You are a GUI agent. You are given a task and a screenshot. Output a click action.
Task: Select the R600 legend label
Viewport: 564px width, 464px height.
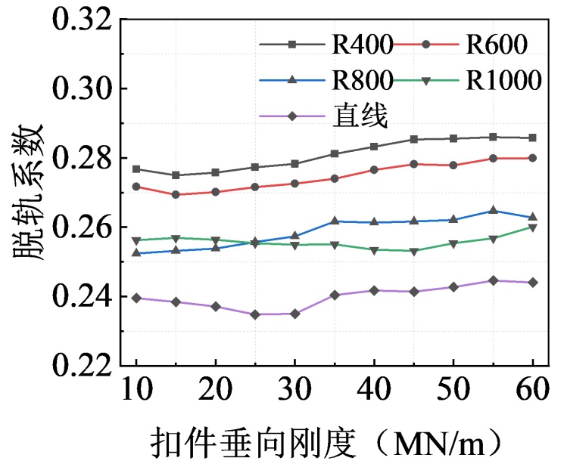coord(496,45)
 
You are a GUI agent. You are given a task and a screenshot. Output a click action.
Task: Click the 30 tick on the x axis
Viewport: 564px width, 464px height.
coord(294,394)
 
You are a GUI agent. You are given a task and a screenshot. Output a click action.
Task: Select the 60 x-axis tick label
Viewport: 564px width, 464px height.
coord(532,394)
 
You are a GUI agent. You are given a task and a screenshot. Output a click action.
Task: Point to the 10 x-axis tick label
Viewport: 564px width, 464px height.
coord(136,394)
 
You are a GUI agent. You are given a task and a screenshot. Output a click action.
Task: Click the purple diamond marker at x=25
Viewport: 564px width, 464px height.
coord(255,314)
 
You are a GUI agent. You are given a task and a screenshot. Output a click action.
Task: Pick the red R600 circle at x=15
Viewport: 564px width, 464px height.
coord(176,194)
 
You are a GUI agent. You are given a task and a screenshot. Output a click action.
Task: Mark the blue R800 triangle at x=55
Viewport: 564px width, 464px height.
coord(493,210)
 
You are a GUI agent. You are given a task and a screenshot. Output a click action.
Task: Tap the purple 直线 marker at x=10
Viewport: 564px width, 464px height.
coord(136,298)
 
